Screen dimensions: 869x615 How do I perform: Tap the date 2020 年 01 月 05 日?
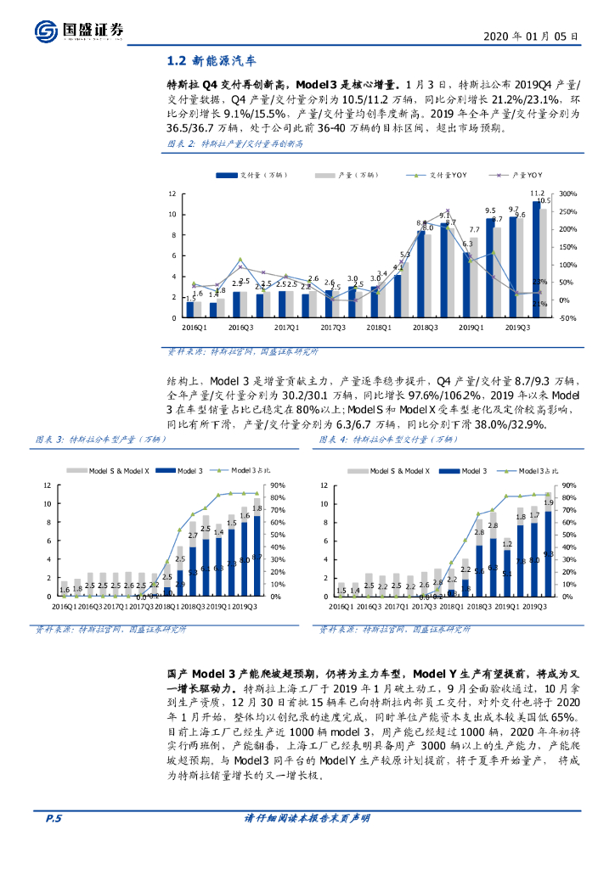click(532, 36)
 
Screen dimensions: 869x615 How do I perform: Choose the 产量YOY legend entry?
click(516, 175)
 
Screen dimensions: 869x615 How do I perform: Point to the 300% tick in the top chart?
click(567, 194)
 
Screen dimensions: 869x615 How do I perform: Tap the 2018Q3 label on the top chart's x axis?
click(425, 327)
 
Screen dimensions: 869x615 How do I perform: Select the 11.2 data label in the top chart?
click(537, 193)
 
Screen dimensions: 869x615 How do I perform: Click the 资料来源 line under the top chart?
click(240, 350)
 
